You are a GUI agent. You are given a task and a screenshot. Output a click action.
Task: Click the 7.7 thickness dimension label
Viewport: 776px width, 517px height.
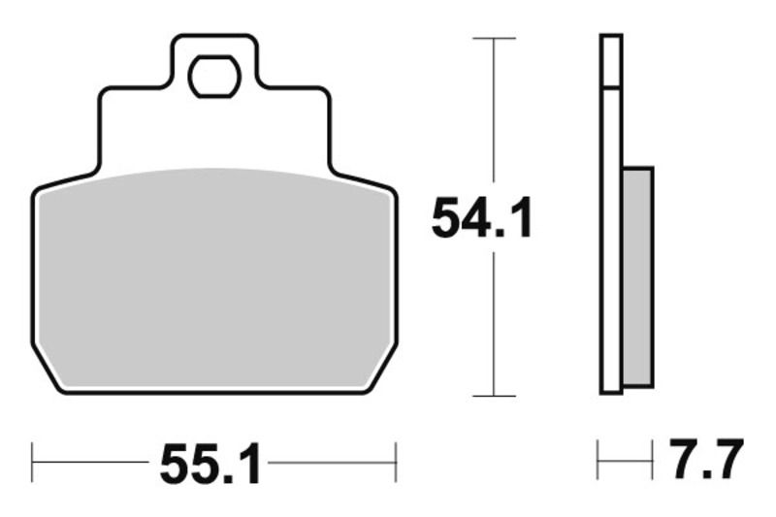[706, 459]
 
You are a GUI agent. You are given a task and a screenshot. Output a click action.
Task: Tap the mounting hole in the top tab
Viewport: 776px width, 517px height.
[214, 77]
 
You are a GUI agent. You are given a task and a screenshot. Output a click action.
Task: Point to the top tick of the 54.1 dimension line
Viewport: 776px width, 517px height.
[495, 38]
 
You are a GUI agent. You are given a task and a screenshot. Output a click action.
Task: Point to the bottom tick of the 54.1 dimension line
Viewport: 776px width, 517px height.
[495, 396]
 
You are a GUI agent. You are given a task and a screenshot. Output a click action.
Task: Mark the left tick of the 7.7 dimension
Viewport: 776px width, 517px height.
[598, 459]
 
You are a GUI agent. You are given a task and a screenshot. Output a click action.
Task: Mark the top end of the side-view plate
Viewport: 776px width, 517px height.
[610, 37]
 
